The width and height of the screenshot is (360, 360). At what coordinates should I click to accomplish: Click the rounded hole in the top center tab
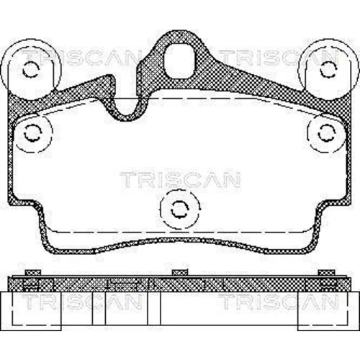[179, 61]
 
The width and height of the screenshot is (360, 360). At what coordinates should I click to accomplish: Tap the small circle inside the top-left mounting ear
[30, 69]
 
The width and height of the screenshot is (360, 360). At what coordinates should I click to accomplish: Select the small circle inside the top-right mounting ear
[328, 69]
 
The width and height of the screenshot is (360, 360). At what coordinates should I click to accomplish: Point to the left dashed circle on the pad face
[33, 133]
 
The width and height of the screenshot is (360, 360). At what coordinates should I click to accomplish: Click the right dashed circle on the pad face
[326, 133]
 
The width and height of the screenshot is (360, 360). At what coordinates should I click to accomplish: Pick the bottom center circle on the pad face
[180, 209]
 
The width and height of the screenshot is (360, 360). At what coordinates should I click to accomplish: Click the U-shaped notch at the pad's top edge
[127, 108]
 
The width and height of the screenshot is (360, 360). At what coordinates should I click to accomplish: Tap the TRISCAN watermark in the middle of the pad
[180, 180]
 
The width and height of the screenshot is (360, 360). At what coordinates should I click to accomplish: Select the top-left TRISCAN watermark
[81, 58]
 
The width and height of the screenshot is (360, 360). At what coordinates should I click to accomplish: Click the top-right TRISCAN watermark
[279, 58]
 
